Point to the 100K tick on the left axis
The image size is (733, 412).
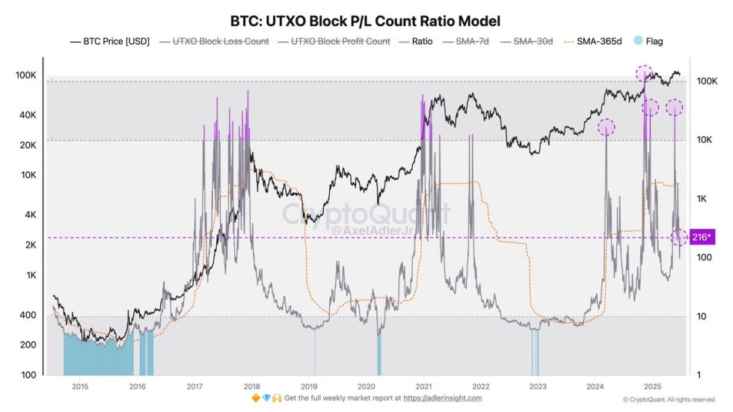pos(27,76)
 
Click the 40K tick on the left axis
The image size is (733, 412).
pos(29,115)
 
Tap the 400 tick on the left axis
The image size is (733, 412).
pos(30,316)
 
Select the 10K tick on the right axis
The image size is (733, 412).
pos(707,140)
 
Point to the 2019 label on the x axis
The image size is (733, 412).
pos(309,387)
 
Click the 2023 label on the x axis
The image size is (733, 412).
pos(538,387)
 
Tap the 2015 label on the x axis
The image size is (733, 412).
pos(80,387)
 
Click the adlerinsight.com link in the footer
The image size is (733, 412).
pos(443,398)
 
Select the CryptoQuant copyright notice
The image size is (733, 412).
pos(673,399)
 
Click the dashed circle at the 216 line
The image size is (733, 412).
pos(679,237)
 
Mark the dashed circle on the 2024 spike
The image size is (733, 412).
pos(606,127)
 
